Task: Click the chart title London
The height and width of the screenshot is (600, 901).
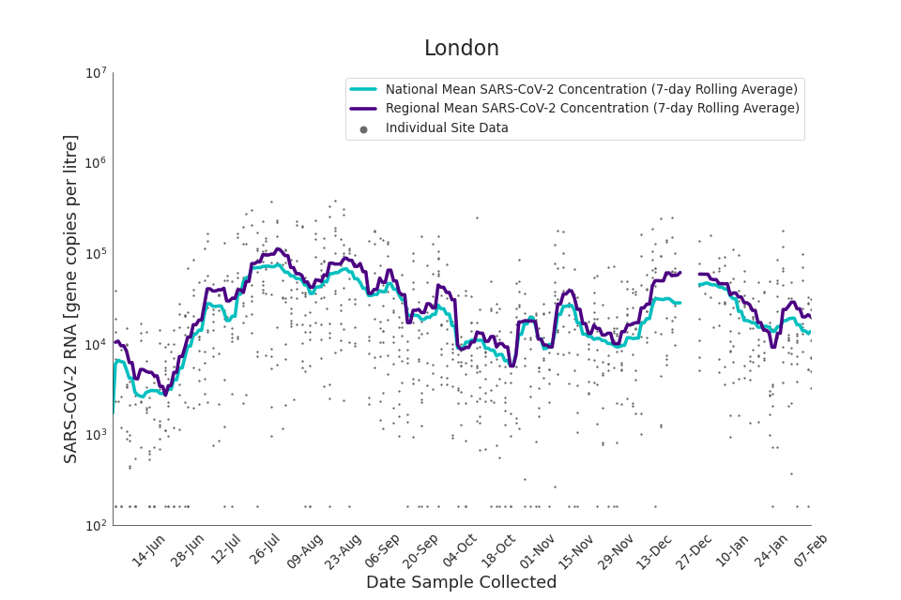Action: point(461,49)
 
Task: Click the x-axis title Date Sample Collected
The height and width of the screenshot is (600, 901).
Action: point(461,582)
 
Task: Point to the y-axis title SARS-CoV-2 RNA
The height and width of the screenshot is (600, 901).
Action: point(71,298)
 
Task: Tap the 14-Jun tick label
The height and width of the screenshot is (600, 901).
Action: point(148,550)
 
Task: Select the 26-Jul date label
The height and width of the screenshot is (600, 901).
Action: point(265,550)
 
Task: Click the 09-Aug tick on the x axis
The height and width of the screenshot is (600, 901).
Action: point(305,550)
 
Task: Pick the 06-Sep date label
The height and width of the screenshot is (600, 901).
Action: point(383,550)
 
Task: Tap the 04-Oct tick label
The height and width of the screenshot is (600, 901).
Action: point(461,550)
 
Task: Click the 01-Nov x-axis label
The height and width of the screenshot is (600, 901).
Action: point(539,550)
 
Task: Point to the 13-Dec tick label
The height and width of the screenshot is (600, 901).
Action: point(654,550)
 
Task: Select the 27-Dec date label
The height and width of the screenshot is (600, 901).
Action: point(695,550)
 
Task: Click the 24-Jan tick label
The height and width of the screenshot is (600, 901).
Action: point(772,550)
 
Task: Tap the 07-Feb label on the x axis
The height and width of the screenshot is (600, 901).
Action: point(812,550)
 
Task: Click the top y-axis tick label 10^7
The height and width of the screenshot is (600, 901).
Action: point(96,73)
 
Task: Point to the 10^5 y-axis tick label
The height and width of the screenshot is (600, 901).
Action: point(96,254)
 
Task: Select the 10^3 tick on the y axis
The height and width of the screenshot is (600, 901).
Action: point(96,435)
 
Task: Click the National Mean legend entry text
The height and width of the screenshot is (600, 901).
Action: point(591,89)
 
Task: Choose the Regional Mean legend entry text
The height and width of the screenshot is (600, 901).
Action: point(592,109)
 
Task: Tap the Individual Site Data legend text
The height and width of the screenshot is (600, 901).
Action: point(447,128)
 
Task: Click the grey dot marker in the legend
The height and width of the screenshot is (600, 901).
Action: point(363,129)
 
